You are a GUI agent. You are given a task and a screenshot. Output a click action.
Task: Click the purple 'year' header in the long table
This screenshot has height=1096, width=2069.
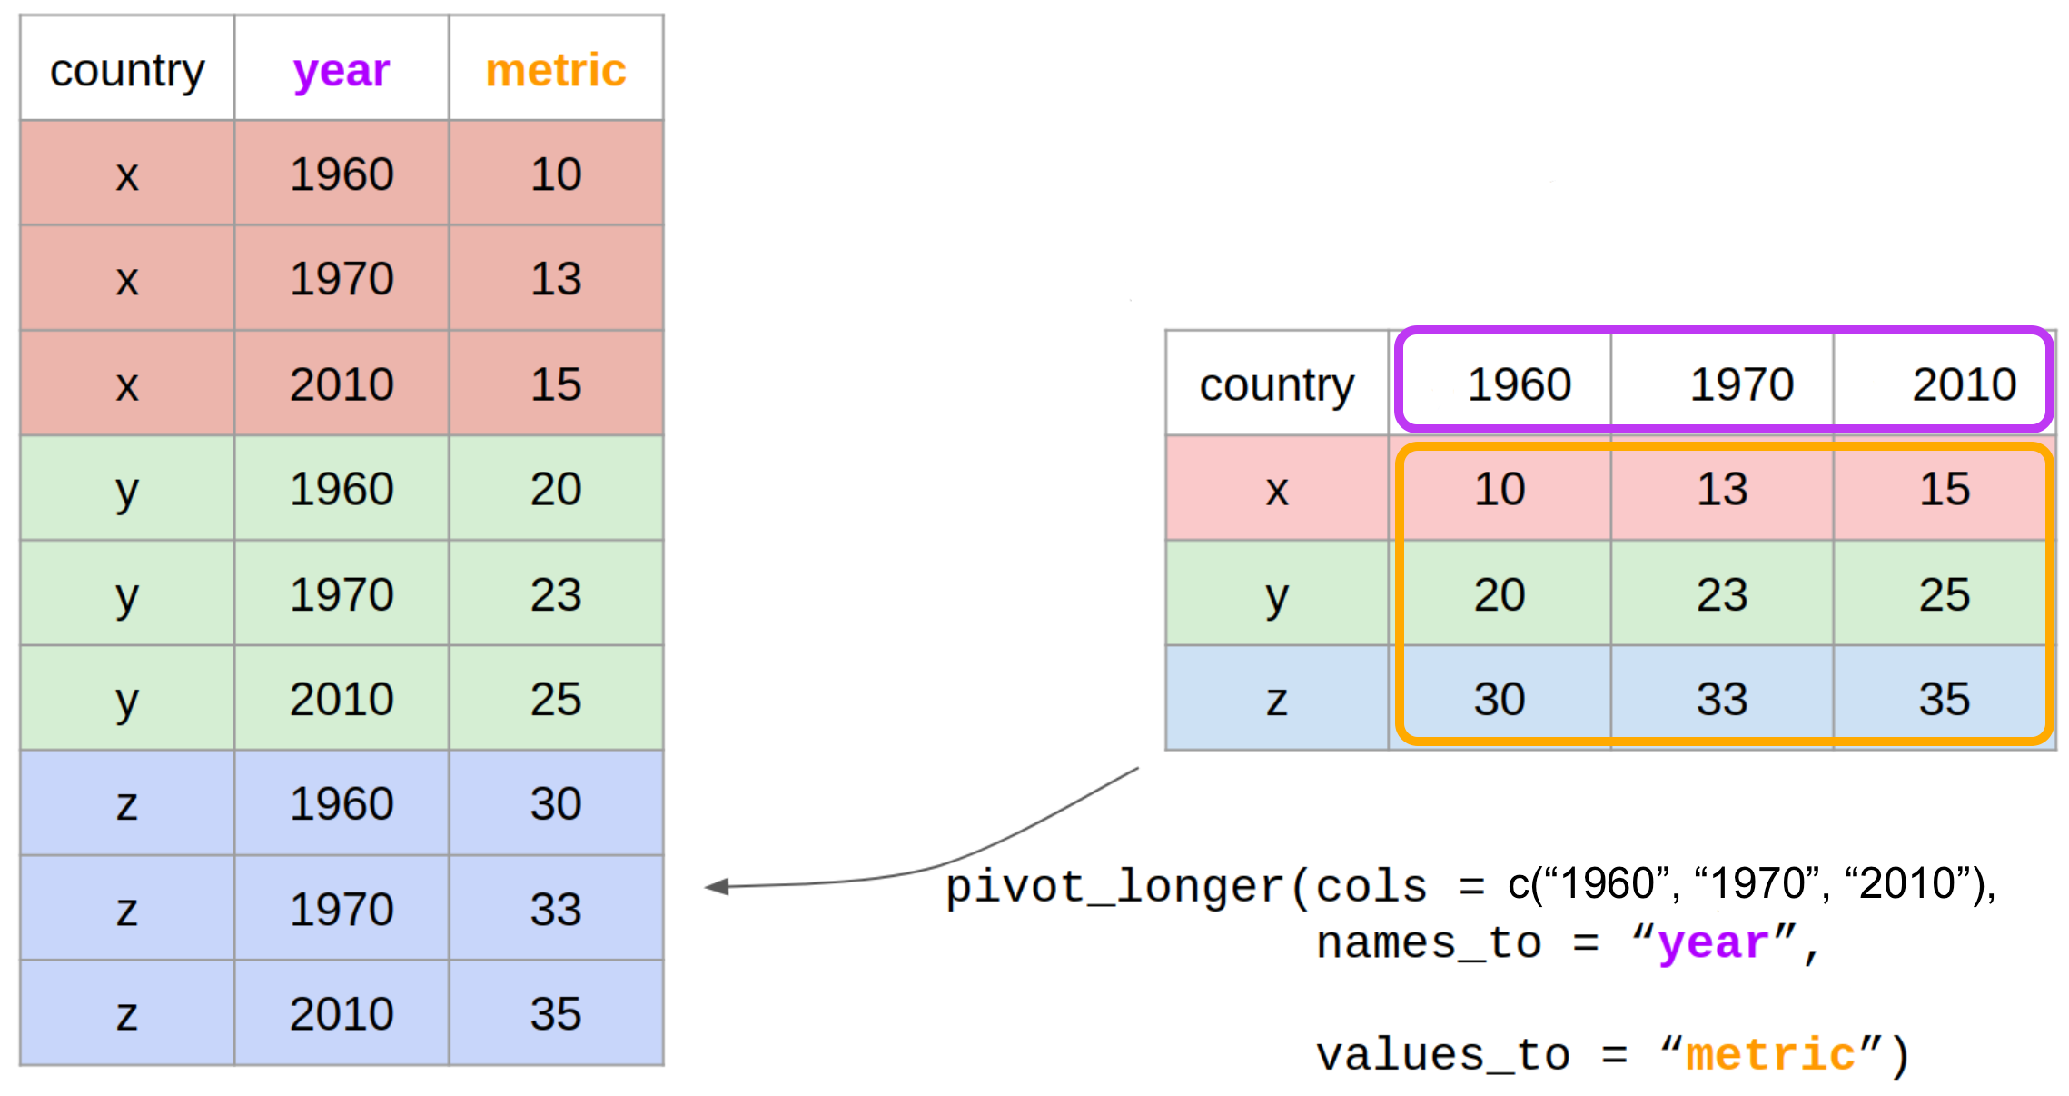tap(342, 72)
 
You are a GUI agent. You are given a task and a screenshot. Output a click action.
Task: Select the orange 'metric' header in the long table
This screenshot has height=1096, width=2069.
tap(556, 70)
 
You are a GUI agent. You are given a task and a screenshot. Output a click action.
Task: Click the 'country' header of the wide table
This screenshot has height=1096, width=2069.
tap(1277, 385)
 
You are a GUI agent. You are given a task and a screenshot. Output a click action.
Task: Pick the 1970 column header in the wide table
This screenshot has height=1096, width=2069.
tap(1742, 384)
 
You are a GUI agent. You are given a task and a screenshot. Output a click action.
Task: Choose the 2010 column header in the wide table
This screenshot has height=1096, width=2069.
tap(1965, 384)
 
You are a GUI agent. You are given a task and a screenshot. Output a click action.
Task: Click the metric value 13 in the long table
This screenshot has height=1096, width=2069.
tap(556, 279)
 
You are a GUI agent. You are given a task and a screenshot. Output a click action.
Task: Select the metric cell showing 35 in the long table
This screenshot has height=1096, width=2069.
tap(556, 1014)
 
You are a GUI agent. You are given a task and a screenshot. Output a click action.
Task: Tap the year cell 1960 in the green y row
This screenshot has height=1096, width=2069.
tap(342, 489)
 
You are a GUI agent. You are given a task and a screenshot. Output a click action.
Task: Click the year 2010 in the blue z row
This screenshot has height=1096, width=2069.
tap(342, 1014)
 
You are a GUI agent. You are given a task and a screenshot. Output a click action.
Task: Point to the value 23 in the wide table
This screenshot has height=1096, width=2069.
tap(1722, 595)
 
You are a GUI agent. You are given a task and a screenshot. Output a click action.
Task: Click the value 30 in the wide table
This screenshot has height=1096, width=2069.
tap(1500, 700)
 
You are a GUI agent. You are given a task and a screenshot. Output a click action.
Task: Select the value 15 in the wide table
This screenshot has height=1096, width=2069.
tap(1945, 489)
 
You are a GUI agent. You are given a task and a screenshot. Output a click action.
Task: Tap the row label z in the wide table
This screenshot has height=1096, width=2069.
tap(1277, 702)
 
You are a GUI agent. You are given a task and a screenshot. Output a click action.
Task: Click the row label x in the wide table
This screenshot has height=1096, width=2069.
tap(1277, 492)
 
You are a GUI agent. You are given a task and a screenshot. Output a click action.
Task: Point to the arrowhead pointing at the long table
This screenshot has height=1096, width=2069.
tap(717, 886)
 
